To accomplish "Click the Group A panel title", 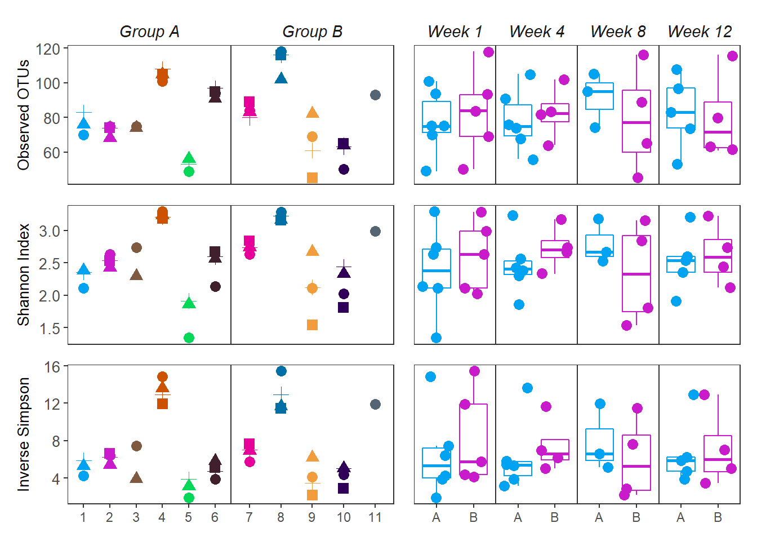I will coord(149,32).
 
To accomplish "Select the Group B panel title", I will coord(312,32).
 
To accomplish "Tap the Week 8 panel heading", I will coord(618,32).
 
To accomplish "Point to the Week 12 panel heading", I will coord(700,32).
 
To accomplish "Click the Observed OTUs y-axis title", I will coord(23,114).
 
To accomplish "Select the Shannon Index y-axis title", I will coord(23,274).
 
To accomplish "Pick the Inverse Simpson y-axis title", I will coord(23,434).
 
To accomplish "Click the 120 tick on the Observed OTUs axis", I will coord(48,49).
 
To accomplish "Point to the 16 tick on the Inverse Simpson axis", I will coord(52,367).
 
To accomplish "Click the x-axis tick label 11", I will coord(375,517).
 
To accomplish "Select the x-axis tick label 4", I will coord(162,517).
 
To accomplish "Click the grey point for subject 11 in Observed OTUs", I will coord(375,95).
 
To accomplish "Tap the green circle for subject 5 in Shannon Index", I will coord(189,338).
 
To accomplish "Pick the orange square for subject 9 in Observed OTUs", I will coord(312,178).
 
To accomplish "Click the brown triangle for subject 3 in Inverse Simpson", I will coord(136,478).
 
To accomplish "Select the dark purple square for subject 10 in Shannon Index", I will coord(344,307).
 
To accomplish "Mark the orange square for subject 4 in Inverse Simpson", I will coord(162,403).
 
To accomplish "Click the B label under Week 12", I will coord(718,517).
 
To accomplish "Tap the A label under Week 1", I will coord(436,517).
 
